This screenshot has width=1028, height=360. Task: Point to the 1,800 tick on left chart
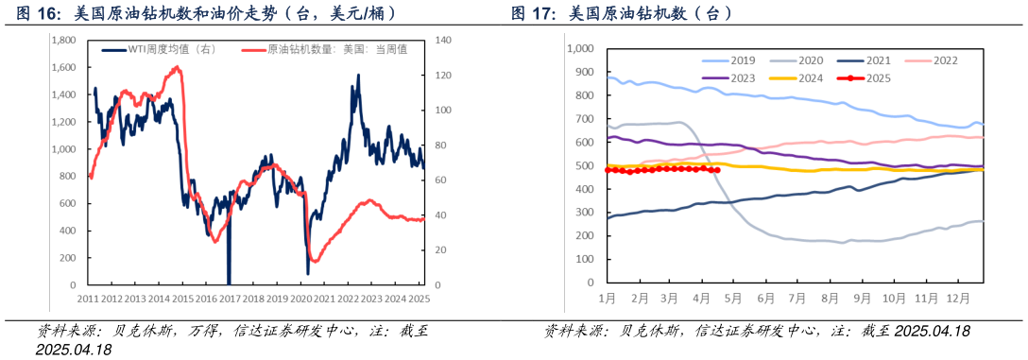pyautogui.click(x=63, y=41)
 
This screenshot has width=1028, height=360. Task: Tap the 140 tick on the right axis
pyautogui.click(x=443, y=41)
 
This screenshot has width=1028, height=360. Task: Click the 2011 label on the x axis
pyautogui.click(x=89, y=299)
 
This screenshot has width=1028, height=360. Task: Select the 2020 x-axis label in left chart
pyautogui.click(x=301, y=299)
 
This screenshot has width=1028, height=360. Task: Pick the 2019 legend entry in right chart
pyautogui.click(x=743, y=60)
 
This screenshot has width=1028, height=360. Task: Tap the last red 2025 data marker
pyautogui.click(x=717, y=170)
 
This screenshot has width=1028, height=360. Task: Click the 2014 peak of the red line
pyautogui.click(x=178, y=67)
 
